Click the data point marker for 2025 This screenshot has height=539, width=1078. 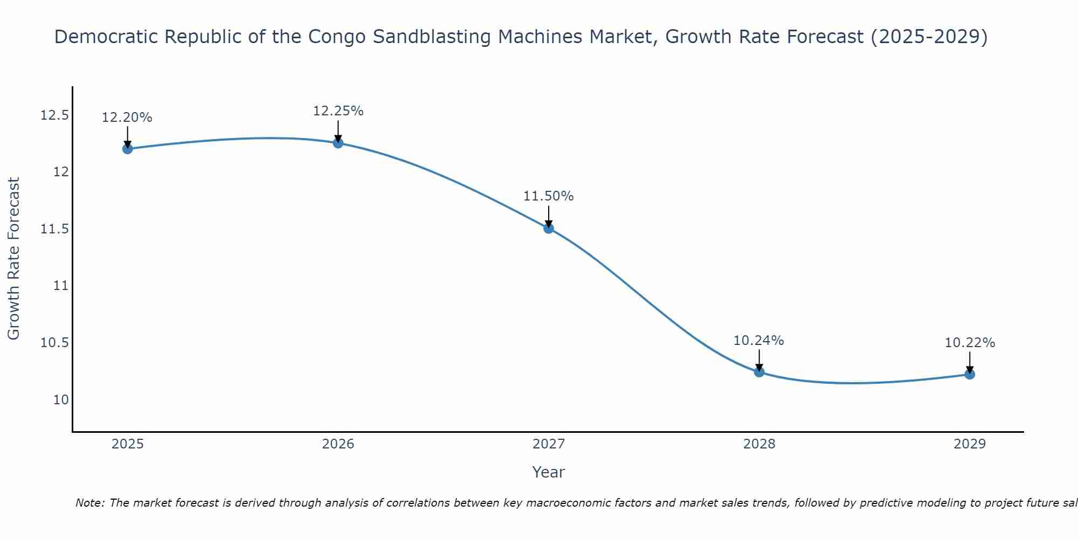[x=128, y=149]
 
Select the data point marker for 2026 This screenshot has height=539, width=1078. [x=338, y=143]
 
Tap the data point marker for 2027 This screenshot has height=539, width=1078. [x=549, y=228]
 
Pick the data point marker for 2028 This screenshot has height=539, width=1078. [x=759, y=372]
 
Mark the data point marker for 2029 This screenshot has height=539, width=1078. [x=970, y=374]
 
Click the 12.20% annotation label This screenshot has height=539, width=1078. [x=127, y=118]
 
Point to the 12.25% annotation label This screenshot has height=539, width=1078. [x=338, y=111]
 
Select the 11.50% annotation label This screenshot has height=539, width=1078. [x=549, y=196]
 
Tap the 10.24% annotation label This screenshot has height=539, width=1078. [x=759, y=341]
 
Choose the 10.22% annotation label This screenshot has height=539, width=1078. [x=970, y=343]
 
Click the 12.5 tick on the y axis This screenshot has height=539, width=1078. [x=54, y=115]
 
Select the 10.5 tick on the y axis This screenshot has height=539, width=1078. [x=54, y=343]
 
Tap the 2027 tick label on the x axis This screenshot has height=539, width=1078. [x=549, y=444]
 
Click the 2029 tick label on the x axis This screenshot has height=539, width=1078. [x=970, y=444]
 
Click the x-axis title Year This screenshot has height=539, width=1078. [x=549, y=472]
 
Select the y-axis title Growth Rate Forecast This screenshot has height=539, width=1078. [x=14, y=259]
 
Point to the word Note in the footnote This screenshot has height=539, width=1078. [x=89, y=503]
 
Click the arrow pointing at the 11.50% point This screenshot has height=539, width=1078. [x=549, y=216]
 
